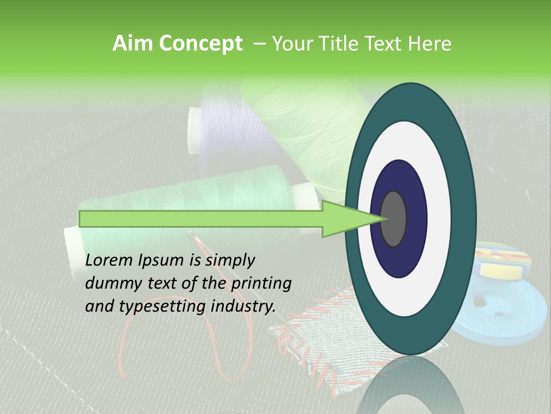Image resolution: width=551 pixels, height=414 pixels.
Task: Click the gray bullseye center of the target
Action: [394, 218]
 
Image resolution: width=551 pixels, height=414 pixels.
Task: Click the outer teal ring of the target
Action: [462, 218]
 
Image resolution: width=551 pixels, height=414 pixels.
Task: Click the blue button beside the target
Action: [505, 316]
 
